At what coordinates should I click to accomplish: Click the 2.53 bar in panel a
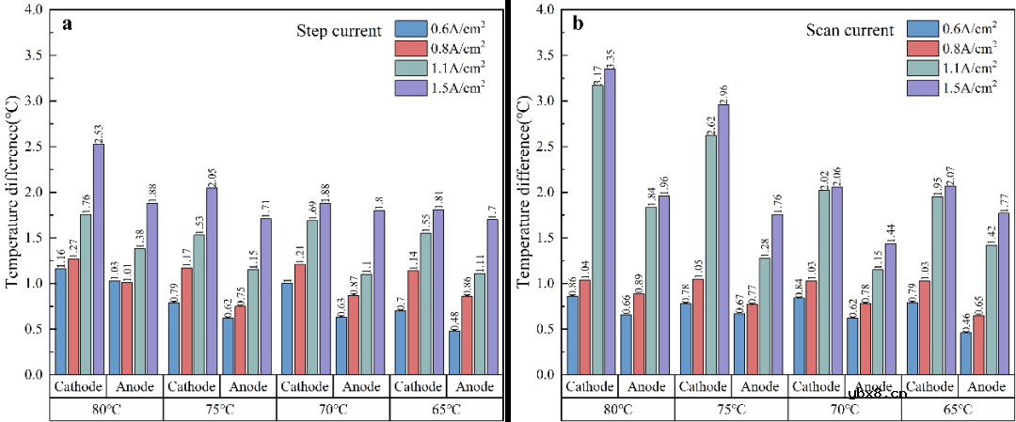[x=99, y=258]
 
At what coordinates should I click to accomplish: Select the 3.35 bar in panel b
[x=610, y=221]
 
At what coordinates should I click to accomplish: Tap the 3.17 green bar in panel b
[x=596, y=229]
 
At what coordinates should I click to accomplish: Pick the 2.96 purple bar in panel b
[x=722, y=239]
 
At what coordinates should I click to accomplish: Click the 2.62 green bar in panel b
[x=710, y=254]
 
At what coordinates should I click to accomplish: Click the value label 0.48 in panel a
[x=455, y=319]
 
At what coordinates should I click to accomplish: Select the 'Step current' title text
[x=339, y=31]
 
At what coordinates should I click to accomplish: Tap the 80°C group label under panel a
[x=105, y=410]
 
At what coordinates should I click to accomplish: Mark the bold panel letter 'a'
[x=67, y=24]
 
